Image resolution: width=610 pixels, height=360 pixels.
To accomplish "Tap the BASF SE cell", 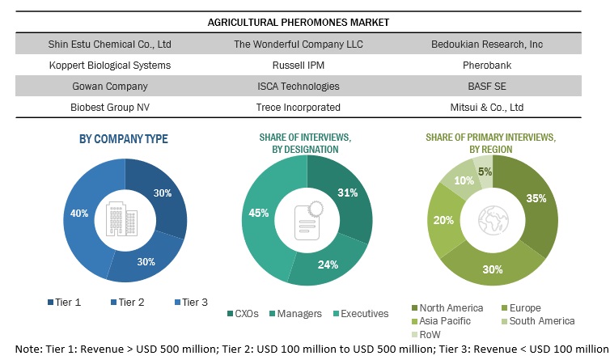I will coord(493,86).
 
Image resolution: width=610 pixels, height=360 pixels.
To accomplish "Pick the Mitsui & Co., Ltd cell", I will coord(493,107).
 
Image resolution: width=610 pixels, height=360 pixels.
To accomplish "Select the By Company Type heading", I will coord(124,139).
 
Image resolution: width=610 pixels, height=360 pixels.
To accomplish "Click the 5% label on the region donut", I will coord(485,172).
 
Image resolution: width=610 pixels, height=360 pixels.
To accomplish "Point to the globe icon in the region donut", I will coord(492,219).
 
